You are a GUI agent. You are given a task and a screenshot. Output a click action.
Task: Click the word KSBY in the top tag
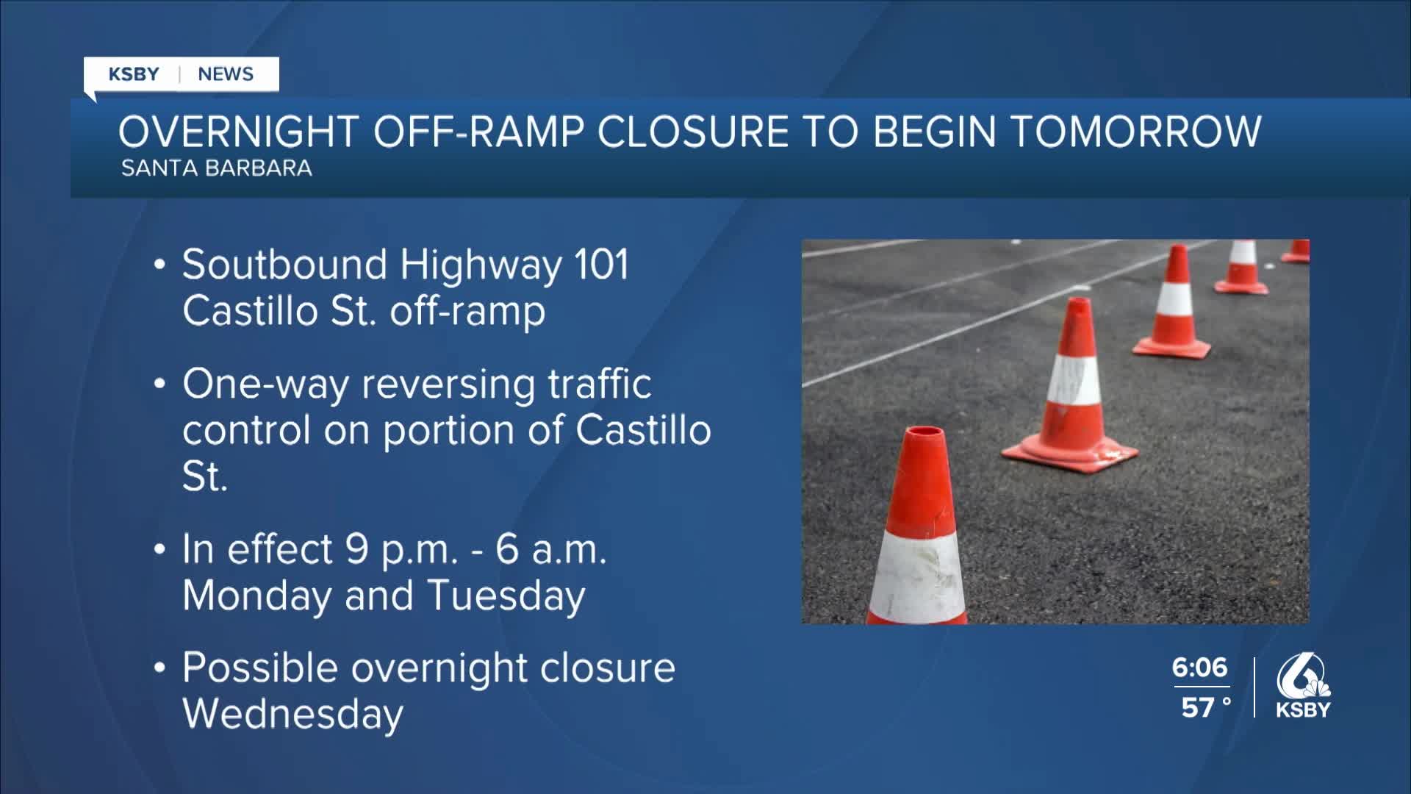pos(134,74)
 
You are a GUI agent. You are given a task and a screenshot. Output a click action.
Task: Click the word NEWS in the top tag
pos(226,74)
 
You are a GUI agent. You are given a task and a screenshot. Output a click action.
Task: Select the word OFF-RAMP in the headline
pos(478,132)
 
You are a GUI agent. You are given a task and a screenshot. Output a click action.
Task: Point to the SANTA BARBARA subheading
pos(216,168)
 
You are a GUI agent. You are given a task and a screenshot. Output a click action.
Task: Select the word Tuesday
pos(506,595)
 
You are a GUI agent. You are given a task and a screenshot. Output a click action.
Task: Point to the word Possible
pos(260,669)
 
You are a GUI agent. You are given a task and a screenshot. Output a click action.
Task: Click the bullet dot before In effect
pos(159,551)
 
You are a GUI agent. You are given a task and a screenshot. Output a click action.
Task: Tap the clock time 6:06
pos(1199,668)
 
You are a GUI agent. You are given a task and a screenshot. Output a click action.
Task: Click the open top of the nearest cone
pos(923,434)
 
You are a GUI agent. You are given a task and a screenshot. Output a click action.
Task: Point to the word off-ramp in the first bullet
pos(467,311)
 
